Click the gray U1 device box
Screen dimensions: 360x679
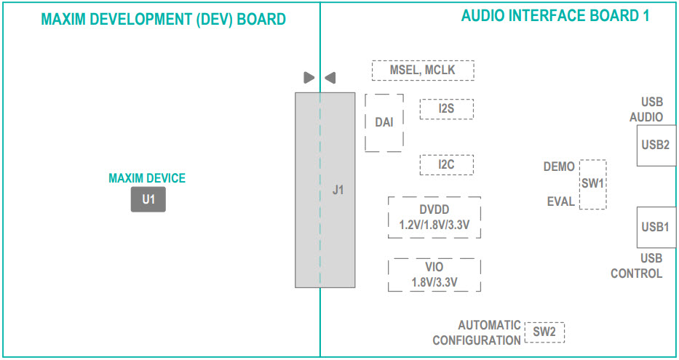[148, 199]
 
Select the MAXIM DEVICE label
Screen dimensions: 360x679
[147, 178]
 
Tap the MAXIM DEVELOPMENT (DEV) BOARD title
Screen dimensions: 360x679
[164, 19]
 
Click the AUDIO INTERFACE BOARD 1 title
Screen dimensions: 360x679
[555, 15]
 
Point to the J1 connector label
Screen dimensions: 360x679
[338, 191]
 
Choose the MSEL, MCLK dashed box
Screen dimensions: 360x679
[423, 71]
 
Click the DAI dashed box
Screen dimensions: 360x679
[384, 122]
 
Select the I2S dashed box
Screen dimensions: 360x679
[446, 109]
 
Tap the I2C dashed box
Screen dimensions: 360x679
[446, 164]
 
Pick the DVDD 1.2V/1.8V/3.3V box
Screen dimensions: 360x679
[434, 217]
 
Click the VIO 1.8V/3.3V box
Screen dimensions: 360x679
[434, 275]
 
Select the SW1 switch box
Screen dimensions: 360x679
[592, 184]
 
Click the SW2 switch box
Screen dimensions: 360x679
[544, 332]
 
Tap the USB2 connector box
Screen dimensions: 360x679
[656, 145]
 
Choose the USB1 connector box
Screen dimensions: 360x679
[656, 227]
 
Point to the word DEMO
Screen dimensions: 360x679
[558, 167]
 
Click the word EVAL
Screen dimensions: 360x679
[560, 201]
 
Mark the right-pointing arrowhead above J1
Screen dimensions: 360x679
[309, 77]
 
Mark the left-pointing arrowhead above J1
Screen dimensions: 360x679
[330, 77]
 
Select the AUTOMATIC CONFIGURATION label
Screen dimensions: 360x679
[477, 333]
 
